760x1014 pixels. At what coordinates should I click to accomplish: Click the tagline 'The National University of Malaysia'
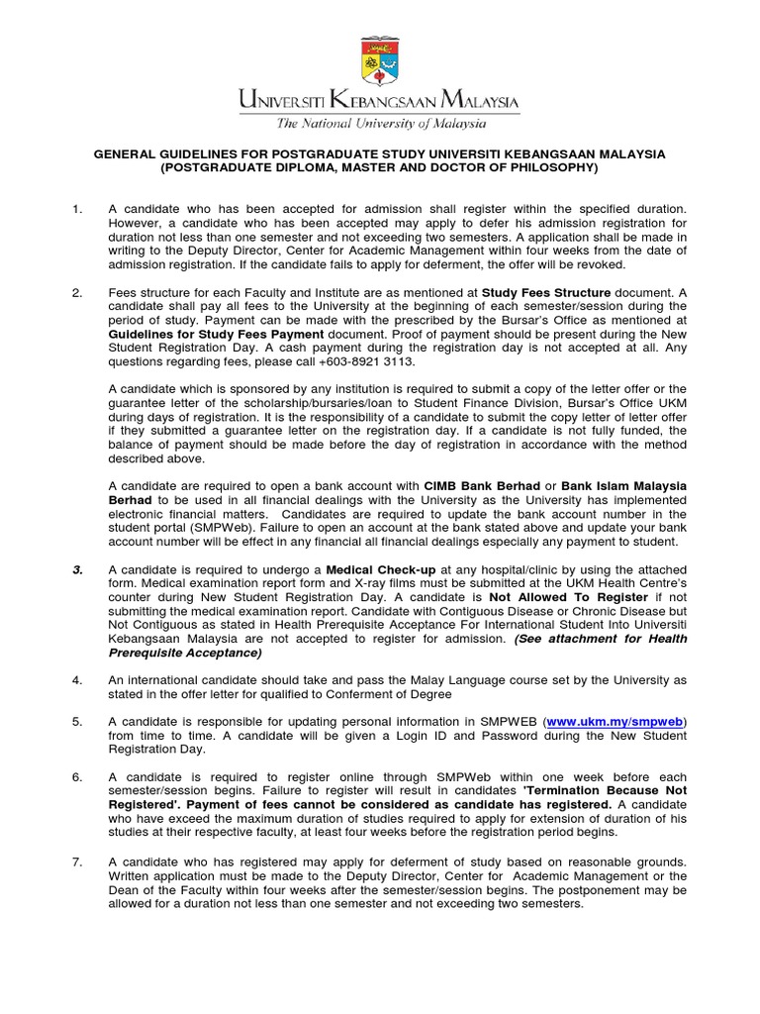[380, 125]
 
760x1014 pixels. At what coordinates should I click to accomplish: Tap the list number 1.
[76, 211]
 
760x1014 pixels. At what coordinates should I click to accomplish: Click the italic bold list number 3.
[76, 569]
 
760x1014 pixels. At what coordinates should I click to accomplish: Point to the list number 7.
[76, 862]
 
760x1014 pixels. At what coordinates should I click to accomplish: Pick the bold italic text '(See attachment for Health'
[600, 639]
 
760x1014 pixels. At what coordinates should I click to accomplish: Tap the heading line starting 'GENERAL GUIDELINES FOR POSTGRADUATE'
[380, 154]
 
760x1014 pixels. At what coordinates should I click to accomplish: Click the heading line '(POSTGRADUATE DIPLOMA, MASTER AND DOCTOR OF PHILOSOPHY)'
[380, 168]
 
